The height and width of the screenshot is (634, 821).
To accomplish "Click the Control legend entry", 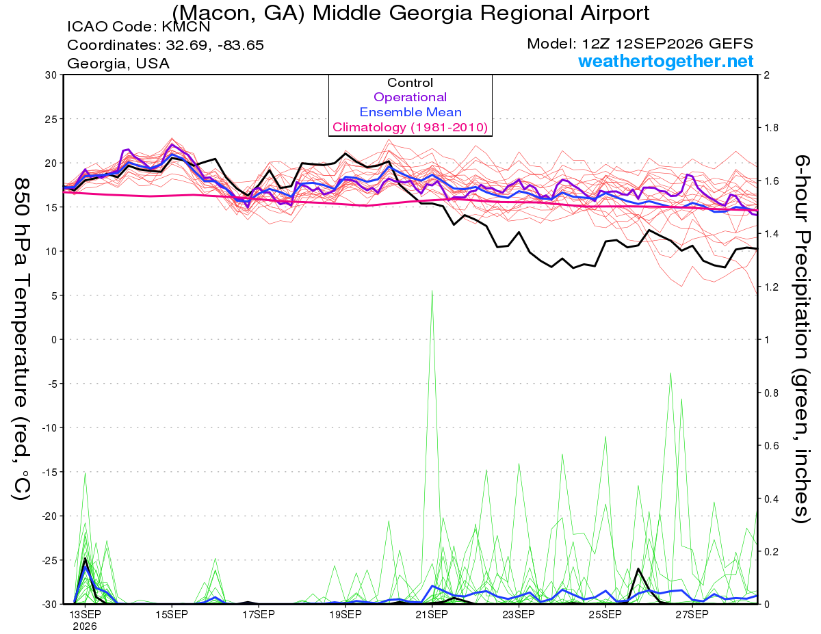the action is click(410, 83).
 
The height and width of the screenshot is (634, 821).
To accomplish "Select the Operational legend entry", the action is click(410, 97).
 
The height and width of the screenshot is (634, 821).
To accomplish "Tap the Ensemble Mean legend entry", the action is click(410, 112).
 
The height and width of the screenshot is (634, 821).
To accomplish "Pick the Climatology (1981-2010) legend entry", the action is click(410, 127).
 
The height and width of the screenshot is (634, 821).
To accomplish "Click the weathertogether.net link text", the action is click(666, 61).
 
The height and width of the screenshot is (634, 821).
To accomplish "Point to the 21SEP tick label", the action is click(432, 615).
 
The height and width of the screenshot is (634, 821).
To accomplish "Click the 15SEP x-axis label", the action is click(172, 615).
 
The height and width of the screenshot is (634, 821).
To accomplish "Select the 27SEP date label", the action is click(692, 615).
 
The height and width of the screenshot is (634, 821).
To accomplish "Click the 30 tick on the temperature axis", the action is click(51, 75).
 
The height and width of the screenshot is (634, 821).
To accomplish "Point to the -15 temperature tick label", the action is click(49, 472).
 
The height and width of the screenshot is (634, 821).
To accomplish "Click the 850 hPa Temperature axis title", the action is click(22, 339).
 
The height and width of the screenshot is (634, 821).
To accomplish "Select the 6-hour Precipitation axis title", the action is click(801, 339).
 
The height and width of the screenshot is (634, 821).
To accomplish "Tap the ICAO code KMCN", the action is click(186, 27).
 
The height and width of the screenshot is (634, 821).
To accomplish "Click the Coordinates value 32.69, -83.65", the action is click(215, 45).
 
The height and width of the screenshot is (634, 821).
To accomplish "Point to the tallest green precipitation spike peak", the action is click(432, 291).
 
